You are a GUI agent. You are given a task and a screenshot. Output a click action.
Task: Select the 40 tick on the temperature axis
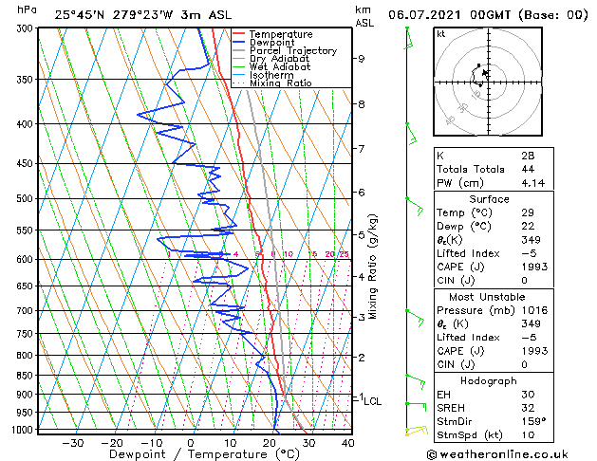(347, 443)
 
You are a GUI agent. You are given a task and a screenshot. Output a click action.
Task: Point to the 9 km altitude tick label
(362, 59)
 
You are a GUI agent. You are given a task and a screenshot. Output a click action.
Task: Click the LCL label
(373, 401)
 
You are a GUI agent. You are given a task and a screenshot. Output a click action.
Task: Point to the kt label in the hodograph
(441, 34)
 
